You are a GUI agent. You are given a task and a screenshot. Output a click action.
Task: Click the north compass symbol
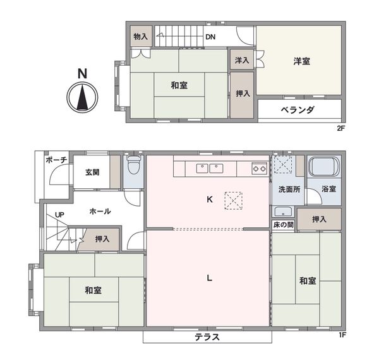[82, 97]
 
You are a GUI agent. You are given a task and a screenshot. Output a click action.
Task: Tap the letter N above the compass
[82, 74]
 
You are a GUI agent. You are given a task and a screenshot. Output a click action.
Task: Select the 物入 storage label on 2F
[141, 37]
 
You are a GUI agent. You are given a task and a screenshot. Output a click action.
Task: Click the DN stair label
[210, 37]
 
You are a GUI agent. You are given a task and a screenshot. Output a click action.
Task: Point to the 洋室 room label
[302, 61]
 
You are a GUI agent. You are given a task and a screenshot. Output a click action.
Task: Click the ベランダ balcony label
[298, 110]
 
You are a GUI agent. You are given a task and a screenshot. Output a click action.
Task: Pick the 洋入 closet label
[242, 60]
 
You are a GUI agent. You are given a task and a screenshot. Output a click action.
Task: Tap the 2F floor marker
[340, 128]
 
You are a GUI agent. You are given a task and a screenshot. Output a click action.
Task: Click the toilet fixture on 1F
[134, 165]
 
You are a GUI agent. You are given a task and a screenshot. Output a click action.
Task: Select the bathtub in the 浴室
[324, 167]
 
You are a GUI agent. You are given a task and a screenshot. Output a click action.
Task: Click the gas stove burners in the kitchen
[260, 169]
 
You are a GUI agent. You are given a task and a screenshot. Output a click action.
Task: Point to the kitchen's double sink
[210, 169]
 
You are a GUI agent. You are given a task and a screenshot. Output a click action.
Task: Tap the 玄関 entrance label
[92, 172]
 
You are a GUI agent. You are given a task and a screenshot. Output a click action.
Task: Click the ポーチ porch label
[56, 160]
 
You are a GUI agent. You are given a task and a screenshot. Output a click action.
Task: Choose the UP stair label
[59, 215]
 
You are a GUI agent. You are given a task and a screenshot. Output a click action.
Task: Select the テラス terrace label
[207, 337]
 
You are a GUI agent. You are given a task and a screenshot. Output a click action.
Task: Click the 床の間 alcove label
[283, 225]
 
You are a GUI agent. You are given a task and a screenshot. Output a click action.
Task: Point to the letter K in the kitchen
[210, 200]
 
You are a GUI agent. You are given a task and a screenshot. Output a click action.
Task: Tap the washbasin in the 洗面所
[283, 212]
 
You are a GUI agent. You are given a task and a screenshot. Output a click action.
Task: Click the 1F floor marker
[342, 335]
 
